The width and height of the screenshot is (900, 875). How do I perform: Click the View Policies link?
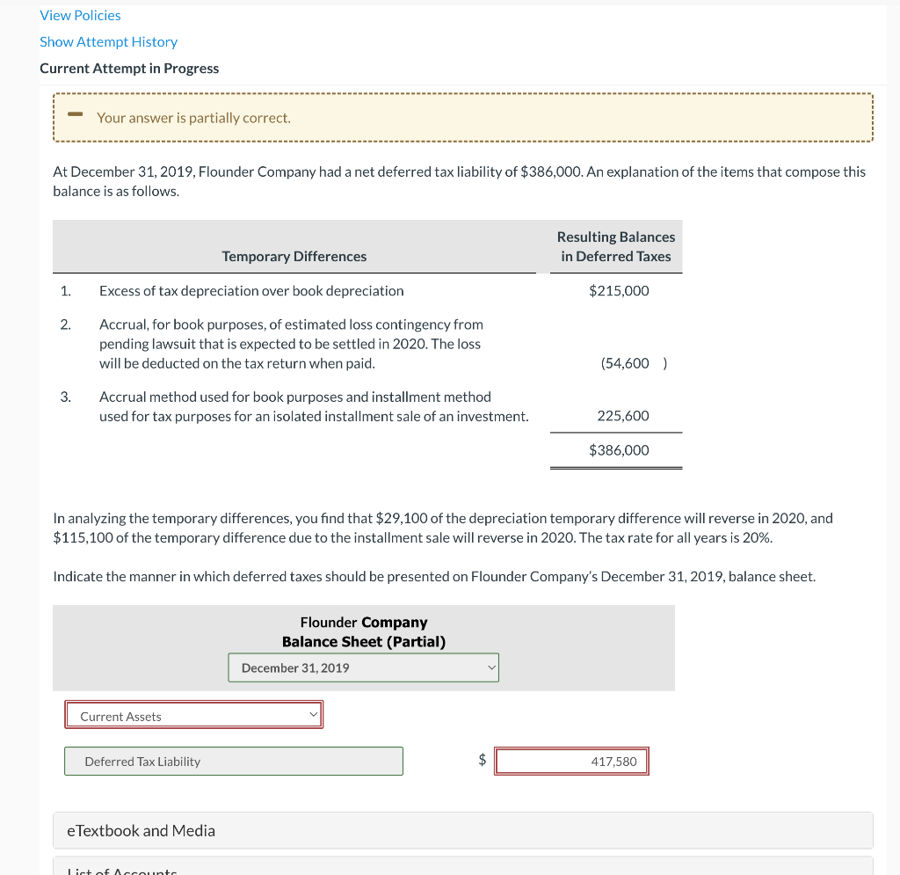80,15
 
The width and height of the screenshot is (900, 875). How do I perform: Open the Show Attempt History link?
108,41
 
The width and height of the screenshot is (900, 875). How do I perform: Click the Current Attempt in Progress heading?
129,68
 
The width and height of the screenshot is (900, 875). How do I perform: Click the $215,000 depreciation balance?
619,290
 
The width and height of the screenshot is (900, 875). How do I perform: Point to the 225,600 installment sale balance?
622,415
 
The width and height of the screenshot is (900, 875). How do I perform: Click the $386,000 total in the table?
619,449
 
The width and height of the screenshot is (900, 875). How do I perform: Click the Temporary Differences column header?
294,256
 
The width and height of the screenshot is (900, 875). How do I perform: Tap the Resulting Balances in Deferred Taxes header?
616,246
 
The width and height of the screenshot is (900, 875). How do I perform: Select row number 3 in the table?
65,397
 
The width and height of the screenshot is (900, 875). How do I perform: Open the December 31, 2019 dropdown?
363,667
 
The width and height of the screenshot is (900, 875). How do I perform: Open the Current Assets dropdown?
193,716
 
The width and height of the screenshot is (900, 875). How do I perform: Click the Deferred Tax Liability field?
233,762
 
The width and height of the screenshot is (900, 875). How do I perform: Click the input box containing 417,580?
571,762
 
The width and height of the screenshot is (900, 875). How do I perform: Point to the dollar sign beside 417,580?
482,762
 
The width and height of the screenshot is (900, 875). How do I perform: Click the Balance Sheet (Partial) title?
363,641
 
